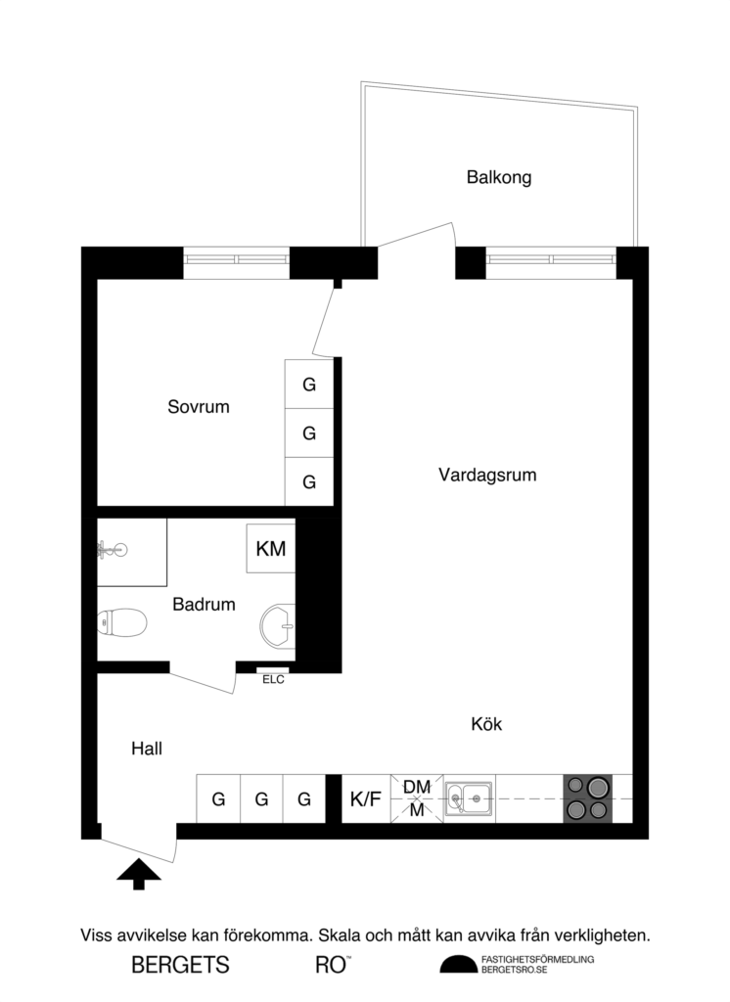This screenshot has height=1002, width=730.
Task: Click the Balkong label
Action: tap(498, 178)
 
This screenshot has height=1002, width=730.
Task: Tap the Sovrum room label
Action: tap(199, 407)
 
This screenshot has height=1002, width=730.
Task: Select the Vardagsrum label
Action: tap(487, 476)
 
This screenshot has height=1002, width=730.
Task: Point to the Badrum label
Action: tap(204, 605)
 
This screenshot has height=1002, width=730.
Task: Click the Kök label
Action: tap(486, 725)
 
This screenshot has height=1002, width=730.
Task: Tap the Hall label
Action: tap(147, 749)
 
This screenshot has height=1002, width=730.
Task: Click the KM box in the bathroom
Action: tap(271, 549)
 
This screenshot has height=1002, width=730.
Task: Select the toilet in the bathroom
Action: tap(122, 621)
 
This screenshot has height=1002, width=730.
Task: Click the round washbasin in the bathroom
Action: tap(278, 624)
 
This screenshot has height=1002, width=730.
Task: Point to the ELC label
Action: tap(273, 680)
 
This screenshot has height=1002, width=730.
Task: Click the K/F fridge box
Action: tap(365, 799)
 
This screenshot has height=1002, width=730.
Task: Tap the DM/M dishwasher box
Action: tap(417, 798)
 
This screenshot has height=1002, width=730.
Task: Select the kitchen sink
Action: tap(469, 799)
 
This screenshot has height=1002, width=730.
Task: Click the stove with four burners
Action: tap(587, 798)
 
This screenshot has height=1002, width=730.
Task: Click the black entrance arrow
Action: tap(138, 874)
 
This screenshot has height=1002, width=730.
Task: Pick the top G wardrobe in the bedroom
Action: tap(309, 386)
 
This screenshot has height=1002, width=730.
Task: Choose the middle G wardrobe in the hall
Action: tap(261, 799)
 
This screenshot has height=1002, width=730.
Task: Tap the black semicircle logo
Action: tap(457, 965)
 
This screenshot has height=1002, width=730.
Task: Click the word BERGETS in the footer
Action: tap(181, 965)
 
